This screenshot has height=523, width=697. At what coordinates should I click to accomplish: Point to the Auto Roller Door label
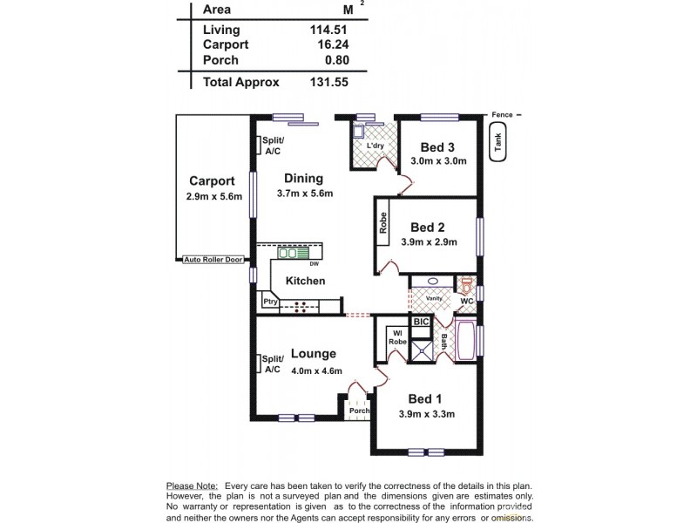[214, 260]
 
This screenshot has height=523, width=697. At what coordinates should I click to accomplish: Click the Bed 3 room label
[439, 146]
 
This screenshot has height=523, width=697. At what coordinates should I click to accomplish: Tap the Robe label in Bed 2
[382, 223]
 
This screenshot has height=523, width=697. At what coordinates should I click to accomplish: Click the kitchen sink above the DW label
[288, 254]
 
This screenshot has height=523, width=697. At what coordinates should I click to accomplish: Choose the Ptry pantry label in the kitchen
[269, 302]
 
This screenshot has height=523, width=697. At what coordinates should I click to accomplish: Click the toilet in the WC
[466, 285]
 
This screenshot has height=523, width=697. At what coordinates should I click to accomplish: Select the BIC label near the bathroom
[421, 323]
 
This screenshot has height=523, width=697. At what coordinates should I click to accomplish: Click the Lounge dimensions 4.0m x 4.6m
[313, 371]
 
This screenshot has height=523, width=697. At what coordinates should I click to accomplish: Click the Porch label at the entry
[358, 411]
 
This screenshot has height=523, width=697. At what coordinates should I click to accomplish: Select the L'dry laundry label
[363, 146]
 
